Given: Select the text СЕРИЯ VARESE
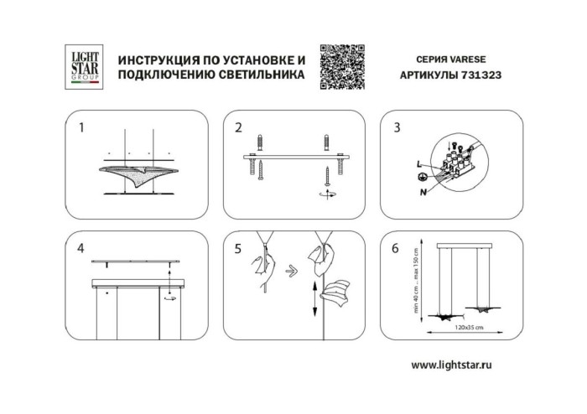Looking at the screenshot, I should tap(450, 61).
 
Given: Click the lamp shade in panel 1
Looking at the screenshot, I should tap(136, 173).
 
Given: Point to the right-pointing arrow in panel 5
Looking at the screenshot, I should tap(290, 272).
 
